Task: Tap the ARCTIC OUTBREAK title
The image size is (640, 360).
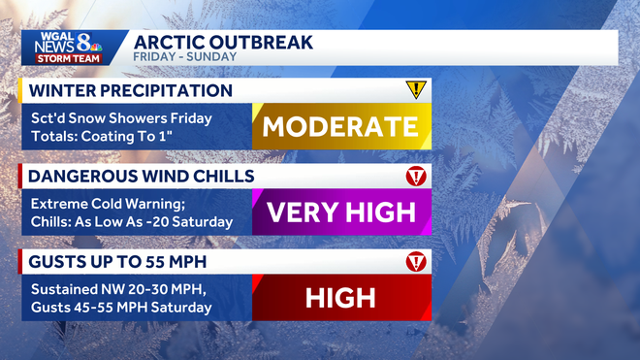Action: click(223, 43)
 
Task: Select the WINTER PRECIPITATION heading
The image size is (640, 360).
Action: click(131, 91)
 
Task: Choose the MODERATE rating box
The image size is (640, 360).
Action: click(340, 126)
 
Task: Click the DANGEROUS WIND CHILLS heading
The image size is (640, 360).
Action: click(142, 177)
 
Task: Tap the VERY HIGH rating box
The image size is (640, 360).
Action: click(340, 212)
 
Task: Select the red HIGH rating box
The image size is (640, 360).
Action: click(340, 297)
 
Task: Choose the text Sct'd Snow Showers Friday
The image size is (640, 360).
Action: click(121, 118)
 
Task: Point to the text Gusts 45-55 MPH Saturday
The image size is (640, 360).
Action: click(121, 307)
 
